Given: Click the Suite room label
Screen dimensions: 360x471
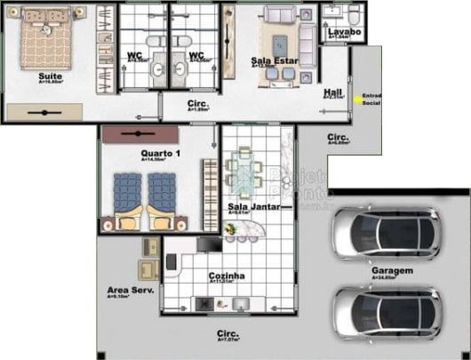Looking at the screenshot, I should tap(50, 76).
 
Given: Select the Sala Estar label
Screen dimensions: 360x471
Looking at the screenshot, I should tap(274, 60).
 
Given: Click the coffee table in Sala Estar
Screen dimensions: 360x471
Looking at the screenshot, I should tap(282, 42).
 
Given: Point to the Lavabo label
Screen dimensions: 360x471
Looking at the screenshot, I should tap(344, 32).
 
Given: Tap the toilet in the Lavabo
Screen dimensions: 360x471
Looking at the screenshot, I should tap(353, 15).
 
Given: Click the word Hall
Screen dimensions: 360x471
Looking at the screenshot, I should tap(333, 92).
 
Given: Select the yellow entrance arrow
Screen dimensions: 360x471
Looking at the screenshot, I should tap(359, 98).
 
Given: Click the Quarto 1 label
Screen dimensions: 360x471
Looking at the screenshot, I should tap(160, 154).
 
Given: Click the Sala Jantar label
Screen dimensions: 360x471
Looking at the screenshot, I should tap(254, 206).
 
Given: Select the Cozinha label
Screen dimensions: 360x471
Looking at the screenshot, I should tap(226, 276).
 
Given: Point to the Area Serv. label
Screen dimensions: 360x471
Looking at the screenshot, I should tap(128, 290).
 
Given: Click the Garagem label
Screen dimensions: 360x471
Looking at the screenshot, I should tap(391, 270).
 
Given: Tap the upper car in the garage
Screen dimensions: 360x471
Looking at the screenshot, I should tap(384, 233).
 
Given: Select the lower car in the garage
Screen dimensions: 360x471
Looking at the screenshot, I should tap(384, 312).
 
